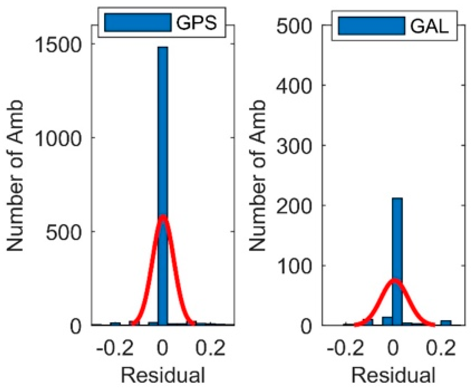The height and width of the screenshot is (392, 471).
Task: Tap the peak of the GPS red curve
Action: click(163, 216)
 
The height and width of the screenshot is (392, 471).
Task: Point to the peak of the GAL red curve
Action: click(393, 280)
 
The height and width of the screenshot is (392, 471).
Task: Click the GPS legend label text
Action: click(197, 23)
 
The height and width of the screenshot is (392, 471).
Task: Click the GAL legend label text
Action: click(429, 26)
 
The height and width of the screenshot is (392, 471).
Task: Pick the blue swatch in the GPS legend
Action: click(138, 23)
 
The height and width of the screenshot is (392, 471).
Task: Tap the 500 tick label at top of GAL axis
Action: click(294, 26)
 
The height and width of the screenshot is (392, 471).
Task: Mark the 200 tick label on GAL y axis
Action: click(294, 206)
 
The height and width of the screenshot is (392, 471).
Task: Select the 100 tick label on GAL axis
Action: click(294, 266)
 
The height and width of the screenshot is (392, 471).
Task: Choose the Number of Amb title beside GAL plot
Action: click(257, 176)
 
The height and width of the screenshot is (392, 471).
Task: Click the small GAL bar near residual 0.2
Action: click(446, 323)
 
